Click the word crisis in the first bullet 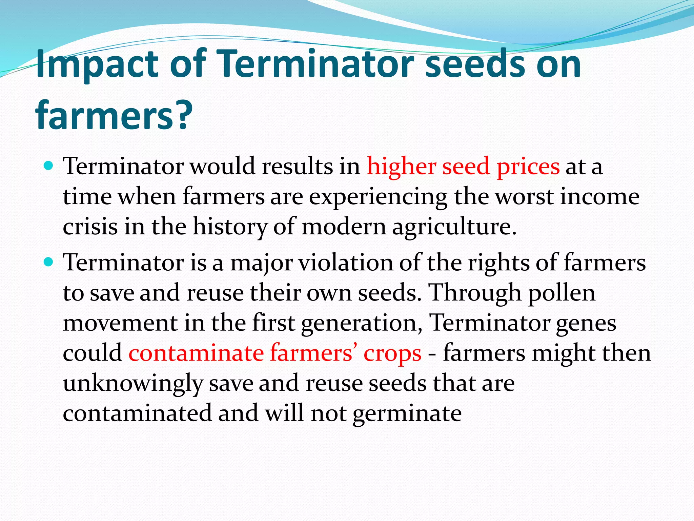tap(90, 227)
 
